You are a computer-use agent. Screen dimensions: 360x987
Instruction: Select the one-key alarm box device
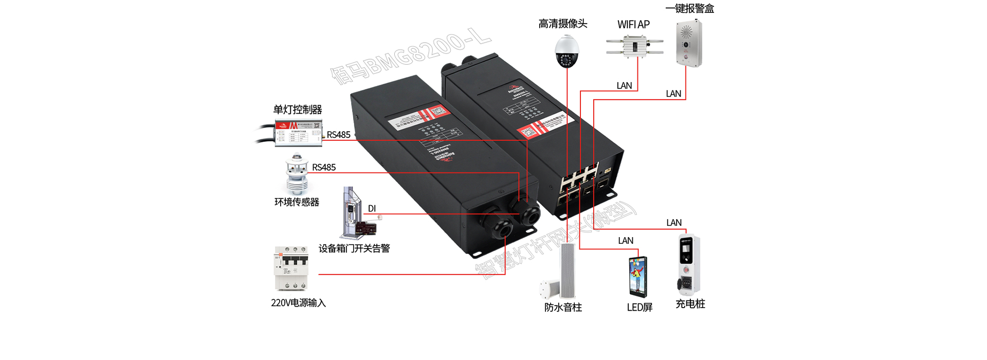click(x=689, y=43)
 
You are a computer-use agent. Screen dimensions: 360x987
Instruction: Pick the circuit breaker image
click(x=291, y=268)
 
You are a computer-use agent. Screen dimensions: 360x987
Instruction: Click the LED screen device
click(x=638, y=276)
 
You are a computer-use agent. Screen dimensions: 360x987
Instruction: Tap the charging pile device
click(x=689, y=264)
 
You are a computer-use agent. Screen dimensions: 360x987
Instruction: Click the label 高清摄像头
click(x=562, y=24)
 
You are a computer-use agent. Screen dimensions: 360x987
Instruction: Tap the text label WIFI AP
click(x=633, y=24)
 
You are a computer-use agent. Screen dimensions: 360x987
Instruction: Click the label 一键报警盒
click(x=689, y=8)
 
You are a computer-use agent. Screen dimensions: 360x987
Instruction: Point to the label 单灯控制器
click(x=297, y=110)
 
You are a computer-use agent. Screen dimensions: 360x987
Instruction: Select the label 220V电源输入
click(x=298, y=303)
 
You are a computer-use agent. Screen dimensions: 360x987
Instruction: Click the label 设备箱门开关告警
click(x=354, y=248)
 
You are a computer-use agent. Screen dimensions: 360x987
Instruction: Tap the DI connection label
click(x=372, y=208)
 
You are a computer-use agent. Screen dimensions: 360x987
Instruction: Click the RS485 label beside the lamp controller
click(x=338, y=135)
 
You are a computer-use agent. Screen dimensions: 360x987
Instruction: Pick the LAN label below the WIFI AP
click(x=624, y=85)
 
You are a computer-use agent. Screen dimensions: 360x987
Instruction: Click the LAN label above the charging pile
click(x=673, y=223)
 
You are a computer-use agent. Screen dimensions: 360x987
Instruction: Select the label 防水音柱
click(x=563, y=307)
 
